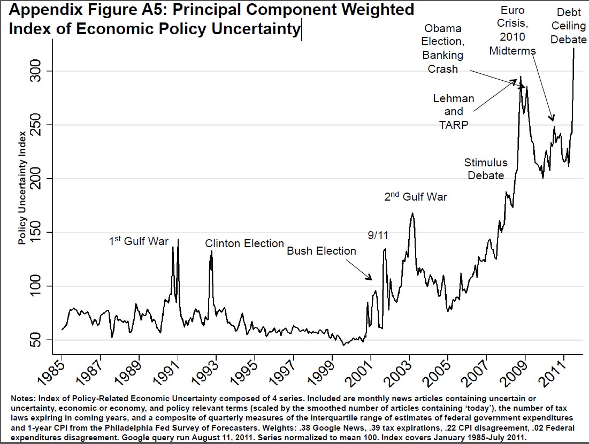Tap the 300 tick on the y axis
[41, 71]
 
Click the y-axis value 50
[41, 340]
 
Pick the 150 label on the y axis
[41, 232]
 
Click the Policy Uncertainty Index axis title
[22, 187]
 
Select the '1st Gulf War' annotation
[139, 241]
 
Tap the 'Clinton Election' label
[244, 243]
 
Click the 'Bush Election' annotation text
[322, 251]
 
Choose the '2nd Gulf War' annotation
[416, 197]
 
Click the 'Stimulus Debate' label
[485, 169]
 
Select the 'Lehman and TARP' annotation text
[453, 111]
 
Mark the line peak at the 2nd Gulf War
[412, 213]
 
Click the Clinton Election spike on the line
[211, 251]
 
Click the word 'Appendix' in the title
[40, 10]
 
